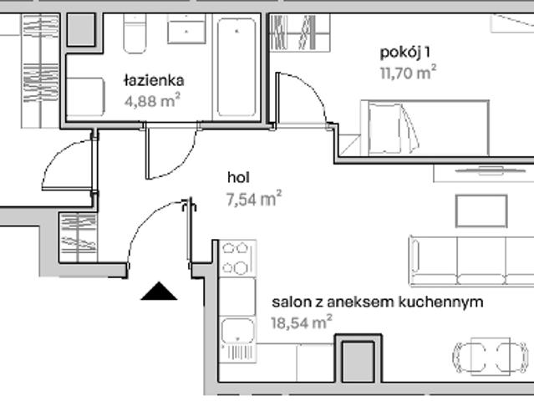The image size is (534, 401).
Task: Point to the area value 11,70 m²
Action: point(408,73)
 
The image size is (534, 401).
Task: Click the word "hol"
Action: point(239,178)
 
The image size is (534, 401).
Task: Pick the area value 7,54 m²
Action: point(253,199)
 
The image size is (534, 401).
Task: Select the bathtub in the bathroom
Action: point(238,67)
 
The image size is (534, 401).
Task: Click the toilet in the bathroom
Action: point(135,33)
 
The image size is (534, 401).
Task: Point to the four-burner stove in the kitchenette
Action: point(236,258)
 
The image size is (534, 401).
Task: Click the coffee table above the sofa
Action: point(481,211)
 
